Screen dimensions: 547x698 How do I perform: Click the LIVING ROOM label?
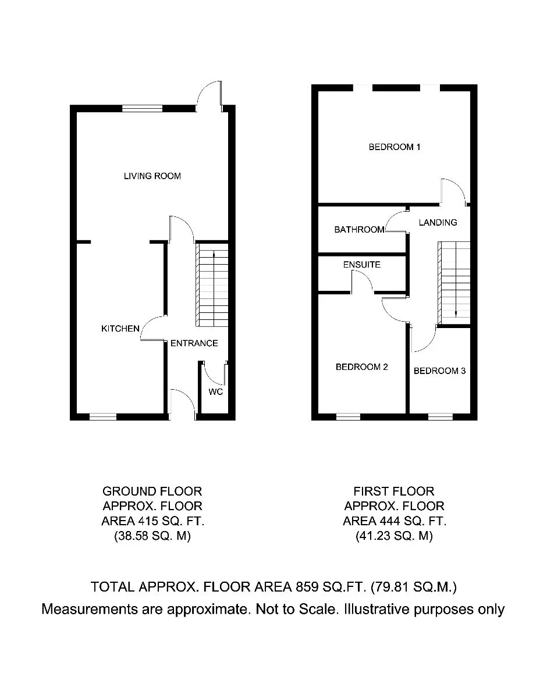[152, 176]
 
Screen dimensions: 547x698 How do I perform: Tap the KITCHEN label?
[120, 328]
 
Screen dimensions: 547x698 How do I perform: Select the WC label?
[215, 391]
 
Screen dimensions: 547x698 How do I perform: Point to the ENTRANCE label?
[194, 343]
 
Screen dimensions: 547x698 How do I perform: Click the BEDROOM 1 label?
[395, 147]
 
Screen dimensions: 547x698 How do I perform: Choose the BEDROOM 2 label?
[362, 367]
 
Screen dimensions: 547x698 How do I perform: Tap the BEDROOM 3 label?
[439, 371]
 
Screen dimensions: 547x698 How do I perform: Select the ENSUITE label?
[362, 264]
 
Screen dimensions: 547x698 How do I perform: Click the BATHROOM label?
[359, 229]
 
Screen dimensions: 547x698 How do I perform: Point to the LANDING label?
[438, 222]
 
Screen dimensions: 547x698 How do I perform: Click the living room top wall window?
[143, 109]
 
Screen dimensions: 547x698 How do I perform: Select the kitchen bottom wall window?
[103, 416]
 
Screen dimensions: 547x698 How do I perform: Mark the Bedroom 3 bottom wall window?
[441, 416]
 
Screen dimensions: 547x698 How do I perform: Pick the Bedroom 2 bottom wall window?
[348, 416]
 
